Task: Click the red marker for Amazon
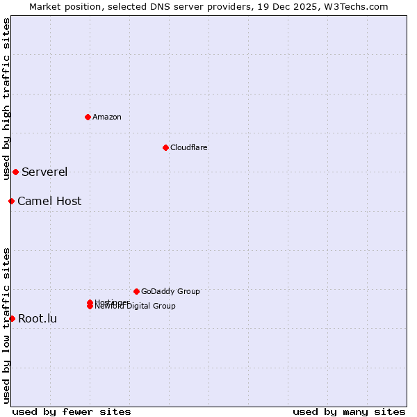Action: point(88,117)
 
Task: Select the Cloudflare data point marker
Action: point(165,147)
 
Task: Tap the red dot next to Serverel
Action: point(15,172)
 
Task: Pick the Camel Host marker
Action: point(11,201)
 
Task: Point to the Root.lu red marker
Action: point(12,318)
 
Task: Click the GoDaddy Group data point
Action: point(136,291)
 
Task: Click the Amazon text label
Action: point(106,117)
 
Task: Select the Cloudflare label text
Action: point(188,147)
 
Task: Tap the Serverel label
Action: point(44,172)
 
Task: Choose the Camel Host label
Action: point(49,201)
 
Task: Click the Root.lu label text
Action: point(38,318)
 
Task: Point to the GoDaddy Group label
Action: point(170,291)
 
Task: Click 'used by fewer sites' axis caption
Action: point(72,411)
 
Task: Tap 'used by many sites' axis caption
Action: point(349,411)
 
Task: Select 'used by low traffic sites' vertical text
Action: point(6,325)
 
